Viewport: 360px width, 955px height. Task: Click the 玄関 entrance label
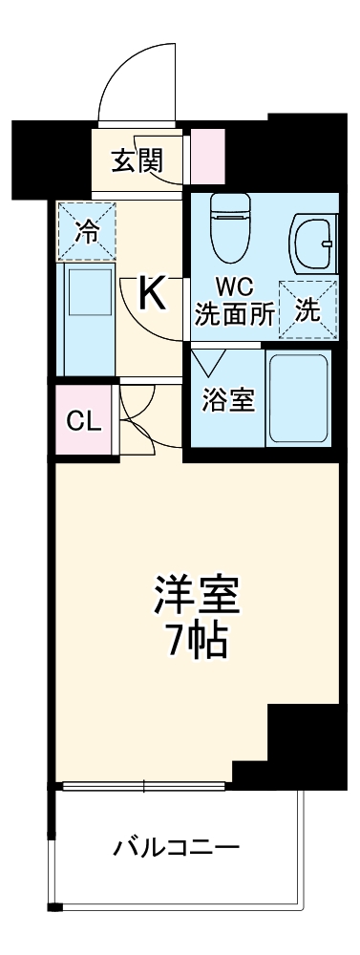tap(137, 160)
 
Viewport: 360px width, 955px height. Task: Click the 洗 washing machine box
tap(307, 309)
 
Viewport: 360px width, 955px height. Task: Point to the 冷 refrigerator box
tap(86, 230)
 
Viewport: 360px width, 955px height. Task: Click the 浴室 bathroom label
tap(229, 400)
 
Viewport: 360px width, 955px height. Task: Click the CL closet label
tap(83, 420)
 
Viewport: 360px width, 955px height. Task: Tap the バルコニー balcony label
tap(177, 846)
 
